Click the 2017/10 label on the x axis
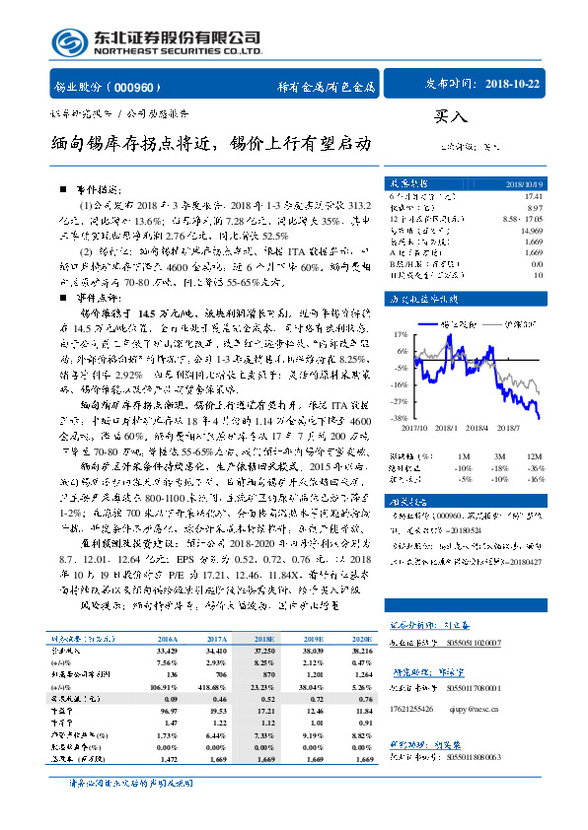(414, 427)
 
